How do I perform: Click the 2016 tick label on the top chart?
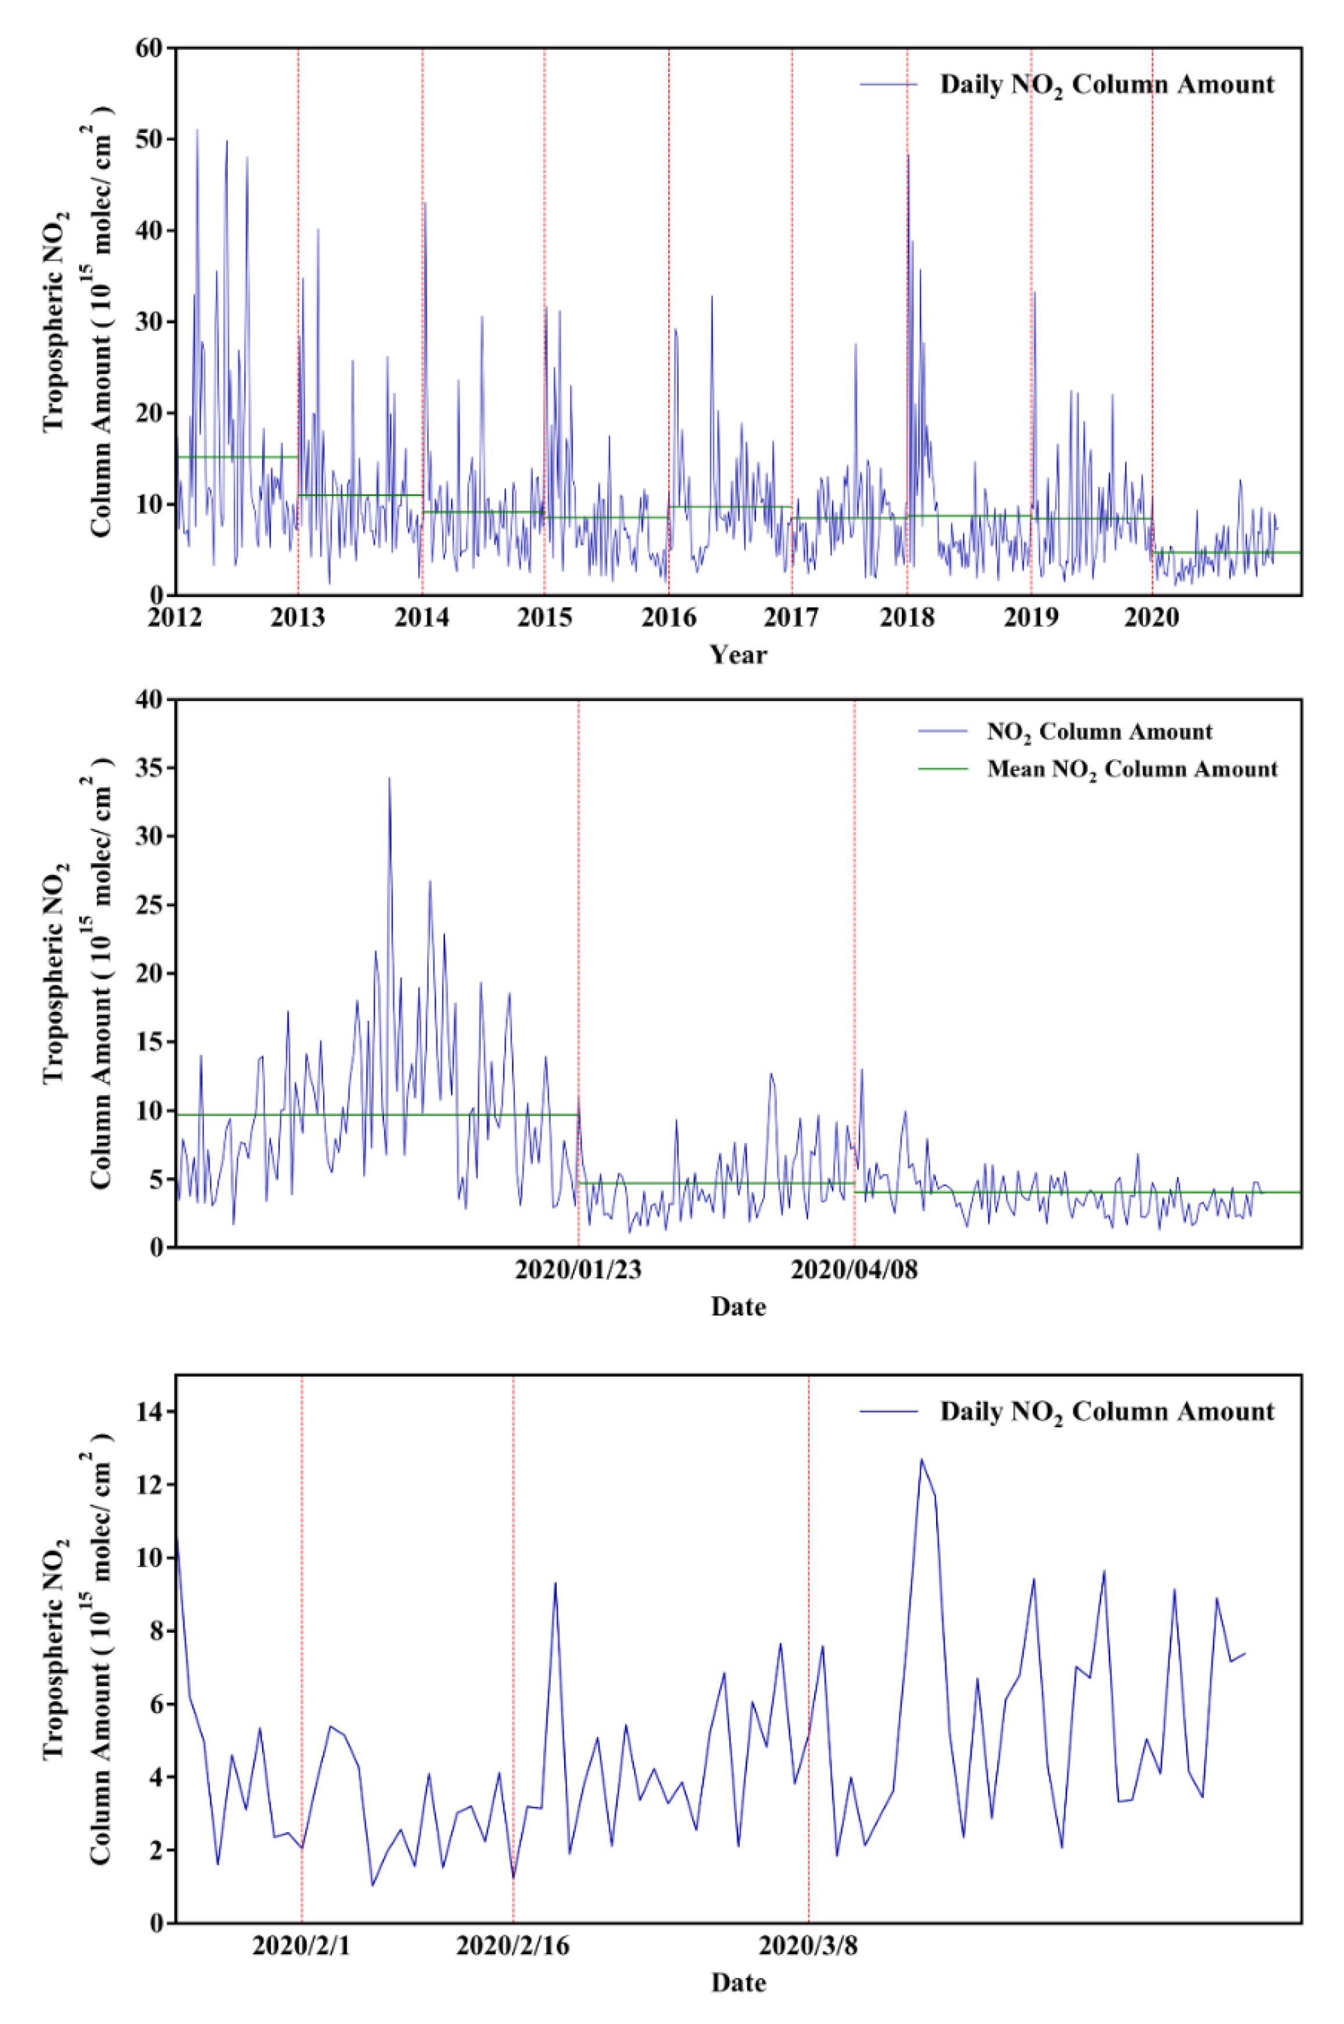click(669, 618)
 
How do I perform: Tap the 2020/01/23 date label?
click(578, 1270)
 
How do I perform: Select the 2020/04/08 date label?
click(854, 1270)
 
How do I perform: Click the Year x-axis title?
click(738, 655)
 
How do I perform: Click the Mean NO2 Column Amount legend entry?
click(1131, 769)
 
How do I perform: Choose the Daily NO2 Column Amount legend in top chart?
click(1106, 85)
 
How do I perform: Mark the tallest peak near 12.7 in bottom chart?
click(922, 1459)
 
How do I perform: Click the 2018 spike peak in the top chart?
click(908, 156)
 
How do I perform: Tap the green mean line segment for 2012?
click(236, 457)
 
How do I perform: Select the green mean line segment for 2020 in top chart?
click(1225, 552)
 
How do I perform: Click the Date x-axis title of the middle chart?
click(738, 1307)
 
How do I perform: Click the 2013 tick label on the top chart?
click(298, 618)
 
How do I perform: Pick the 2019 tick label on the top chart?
click(1030, 618)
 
